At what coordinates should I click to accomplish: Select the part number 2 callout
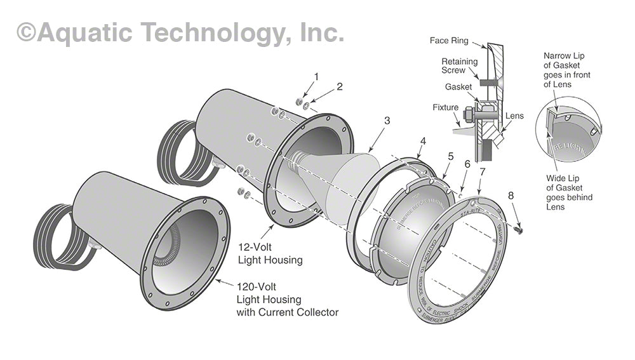(340, 87)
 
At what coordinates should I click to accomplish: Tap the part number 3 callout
(387, 120)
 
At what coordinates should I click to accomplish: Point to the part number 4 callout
(423, 140)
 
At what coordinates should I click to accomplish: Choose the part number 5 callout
(450, 156)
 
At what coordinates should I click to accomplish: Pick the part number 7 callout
(483, 172)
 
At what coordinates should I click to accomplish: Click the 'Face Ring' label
(449, 41)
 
